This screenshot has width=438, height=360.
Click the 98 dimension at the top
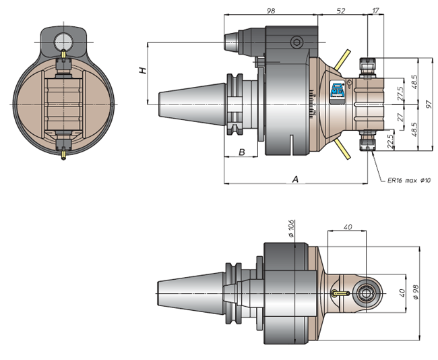271,11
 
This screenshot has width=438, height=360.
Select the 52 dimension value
341,11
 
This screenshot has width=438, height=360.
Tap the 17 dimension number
376,10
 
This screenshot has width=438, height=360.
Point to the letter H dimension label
143,70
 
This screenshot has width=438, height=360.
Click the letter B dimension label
242,152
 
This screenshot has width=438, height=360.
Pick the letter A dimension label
295,179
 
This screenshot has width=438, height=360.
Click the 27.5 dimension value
400,93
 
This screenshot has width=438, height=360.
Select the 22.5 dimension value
390,141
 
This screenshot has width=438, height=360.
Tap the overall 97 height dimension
429,104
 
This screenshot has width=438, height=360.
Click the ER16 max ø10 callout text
409,181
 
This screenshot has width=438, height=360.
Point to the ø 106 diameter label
291,229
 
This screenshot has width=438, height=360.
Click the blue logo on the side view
338,90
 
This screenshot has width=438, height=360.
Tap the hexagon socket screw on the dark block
296,42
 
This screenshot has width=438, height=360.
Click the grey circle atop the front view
63,42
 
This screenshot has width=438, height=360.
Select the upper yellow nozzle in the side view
342,60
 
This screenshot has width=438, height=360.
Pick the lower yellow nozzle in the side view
343,149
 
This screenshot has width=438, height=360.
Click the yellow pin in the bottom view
341,293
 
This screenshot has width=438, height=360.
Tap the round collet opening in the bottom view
366,293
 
